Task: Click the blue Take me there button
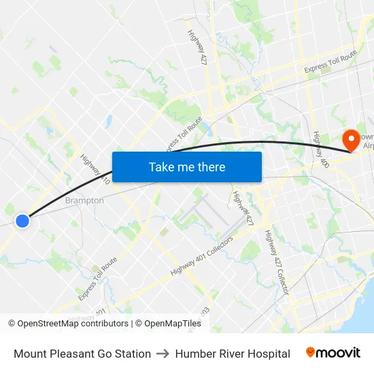coord(187,167)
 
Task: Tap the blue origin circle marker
coord(22,220)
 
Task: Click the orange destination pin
coord(352,140)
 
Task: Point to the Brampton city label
coord(84,201)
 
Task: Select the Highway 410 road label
coord(95,171)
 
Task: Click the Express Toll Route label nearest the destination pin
coord(330,60)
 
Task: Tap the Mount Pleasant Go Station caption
coord(82,354)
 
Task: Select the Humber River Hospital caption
coord(233,354)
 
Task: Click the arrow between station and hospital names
coord(163,354)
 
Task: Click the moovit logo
coord(333,353)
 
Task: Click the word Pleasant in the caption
coord(75,354)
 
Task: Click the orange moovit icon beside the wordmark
coord(311,352)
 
